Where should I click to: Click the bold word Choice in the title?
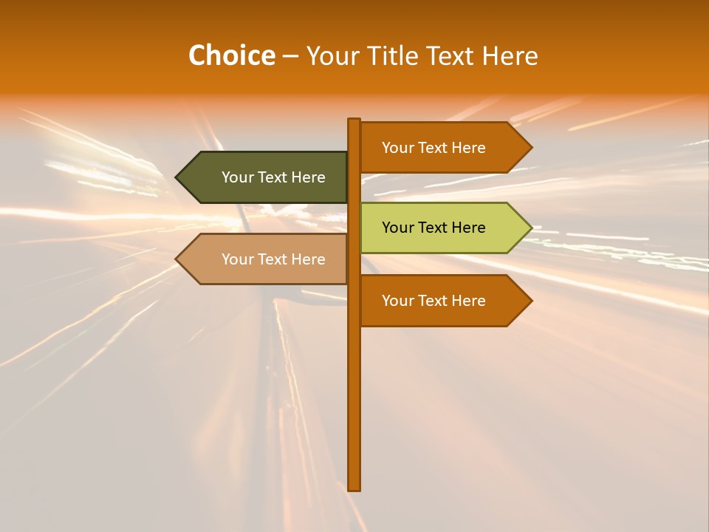point(231,55)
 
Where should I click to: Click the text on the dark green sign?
point(273,177)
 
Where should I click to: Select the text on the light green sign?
point(434,228)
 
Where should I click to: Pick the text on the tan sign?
point(273,259)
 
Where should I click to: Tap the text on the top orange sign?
point(434,147)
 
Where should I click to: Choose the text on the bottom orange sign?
point(434,301)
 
